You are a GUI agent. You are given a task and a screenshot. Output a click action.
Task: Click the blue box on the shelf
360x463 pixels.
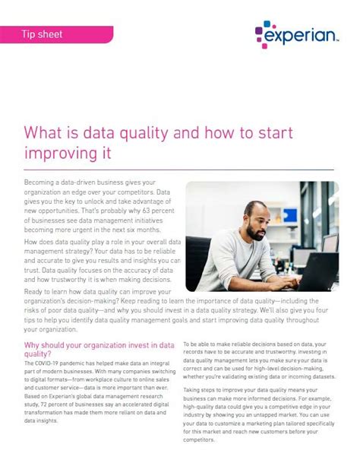tap(317, 212)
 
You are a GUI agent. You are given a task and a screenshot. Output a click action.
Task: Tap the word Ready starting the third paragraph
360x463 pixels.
tap(36, 292)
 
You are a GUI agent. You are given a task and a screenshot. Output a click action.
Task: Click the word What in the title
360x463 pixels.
tap(46, 134)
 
